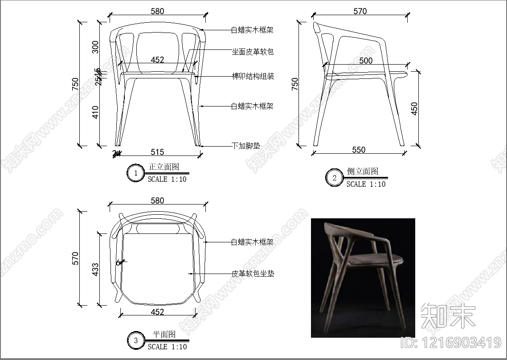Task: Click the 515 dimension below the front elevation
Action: coord(157,152)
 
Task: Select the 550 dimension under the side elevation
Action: coord(359,150)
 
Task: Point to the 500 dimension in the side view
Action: coord(365,61)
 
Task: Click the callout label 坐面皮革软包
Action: coord(252,52)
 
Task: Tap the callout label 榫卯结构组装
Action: coord(252,76)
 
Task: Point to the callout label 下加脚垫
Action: coord(245,146)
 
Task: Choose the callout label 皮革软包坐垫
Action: coord(252,273)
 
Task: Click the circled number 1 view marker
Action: coord(135,173)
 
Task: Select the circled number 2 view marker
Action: coord(334,178)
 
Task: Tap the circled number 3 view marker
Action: coord(135,341)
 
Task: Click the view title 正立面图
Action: coord(164,167)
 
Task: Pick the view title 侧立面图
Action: coord(363,172)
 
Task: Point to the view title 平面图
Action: coord(164,334)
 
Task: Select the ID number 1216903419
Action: coord(451,343)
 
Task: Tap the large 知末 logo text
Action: coord(448,315)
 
